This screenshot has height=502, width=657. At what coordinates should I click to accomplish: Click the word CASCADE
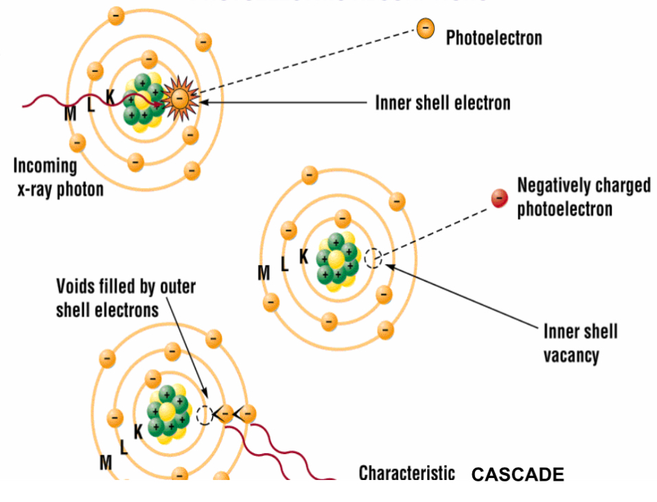(x=517, y=475)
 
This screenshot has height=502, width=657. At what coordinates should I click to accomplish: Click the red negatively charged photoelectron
(x=499, y=198)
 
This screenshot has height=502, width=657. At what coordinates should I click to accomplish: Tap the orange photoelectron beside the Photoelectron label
(x=426, y=29)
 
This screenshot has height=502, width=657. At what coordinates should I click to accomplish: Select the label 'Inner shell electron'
(x=442, y=103)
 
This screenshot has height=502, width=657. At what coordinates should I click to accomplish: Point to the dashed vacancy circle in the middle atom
(x=373, y=258)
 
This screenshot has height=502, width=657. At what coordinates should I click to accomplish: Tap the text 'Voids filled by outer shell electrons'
(x=125, y=297)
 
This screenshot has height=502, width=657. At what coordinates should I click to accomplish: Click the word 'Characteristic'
(x=406, y=473)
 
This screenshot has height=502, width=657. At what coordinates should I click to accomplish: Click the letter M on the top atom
(x=70, y=113)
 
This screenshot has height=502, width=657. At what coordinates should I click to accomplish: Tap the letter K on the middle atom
(x=303, y=256)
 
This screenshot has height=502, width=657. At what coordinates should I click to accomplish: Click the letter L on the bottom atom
(x=124, y=448)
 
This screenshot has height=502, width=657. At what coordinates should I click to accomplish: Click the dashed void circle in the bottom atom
(x=204, y=415)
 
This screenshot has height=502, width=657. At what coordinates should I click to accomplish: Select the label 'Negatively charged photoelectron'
(x=584, y=196)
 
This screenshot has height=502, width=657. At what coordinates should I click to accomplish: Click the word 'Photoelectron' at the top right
(x=494, y=37)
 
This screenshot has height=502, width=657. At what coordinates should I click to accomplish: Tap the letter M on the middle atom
(x=264, y=273)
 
